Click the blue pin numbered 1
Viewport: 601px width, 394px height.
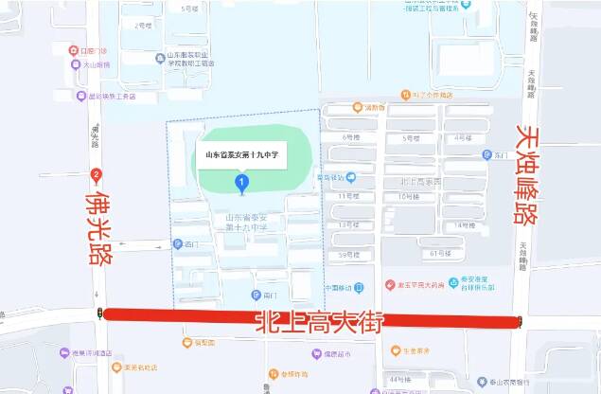click(242, 182)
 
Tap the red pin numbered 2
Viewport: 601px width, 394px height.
click(96, 174)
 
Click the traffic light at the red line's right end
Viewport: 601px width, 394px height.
click(520, 321)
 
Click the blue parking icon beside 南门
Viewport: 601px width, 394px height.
click(256, 295)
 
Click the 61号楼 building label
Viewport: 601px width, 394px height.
click(441, 254)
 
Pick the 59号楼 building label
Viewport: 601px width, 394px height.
click(348, 255)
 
